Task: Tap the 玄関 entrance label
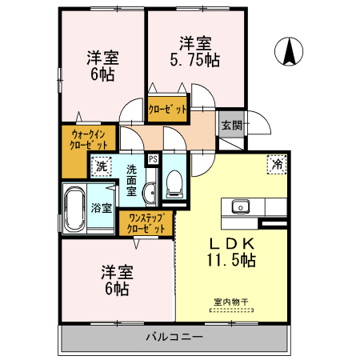[230, 125]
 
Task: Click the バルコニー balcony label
[174, 337]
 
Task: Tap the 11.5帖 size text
[232, 260]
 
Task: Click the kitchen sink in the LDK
[240, 207]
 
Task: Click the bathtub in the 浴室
[74, 210]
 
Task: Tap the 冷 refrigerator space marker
[277, 164]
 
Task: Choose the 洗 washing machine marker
[102, 167]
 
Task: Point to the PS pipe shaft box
[153, 158]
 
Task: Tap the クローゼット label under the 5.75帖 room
[168, 109]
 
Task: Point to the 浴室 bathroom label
[101, 208]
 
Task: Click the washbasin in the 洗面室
[150, 193]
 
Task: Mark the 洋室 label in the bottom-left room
[115, 272]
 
